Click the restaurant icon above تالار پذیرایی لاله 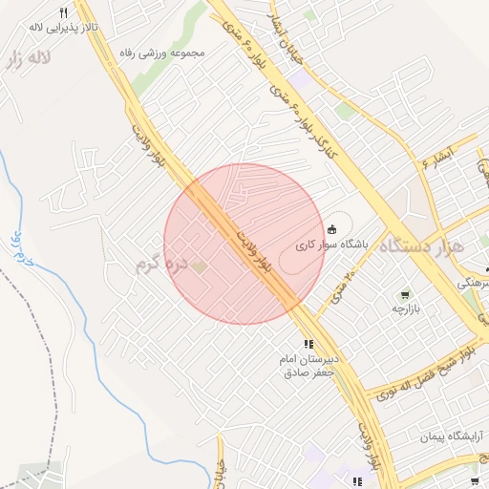[x=64, y=13]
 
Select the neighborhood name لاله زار [x=26, y=59]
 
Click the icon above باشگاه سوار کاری [x=331, y=229]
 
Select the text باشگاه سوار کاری [x=331, y=244]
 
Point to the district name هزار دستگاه [x=421, y=245]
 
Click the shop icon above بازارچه [x=405, y=294]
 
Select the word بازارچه [x=406, y=309]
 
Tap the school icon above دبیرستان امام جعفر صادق [x=308, y=344]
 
